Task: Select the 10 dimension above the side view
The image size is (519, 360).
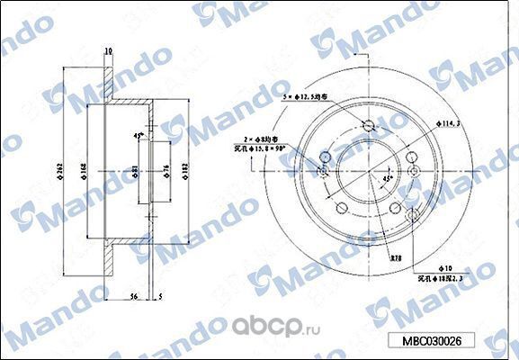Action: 107,51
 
